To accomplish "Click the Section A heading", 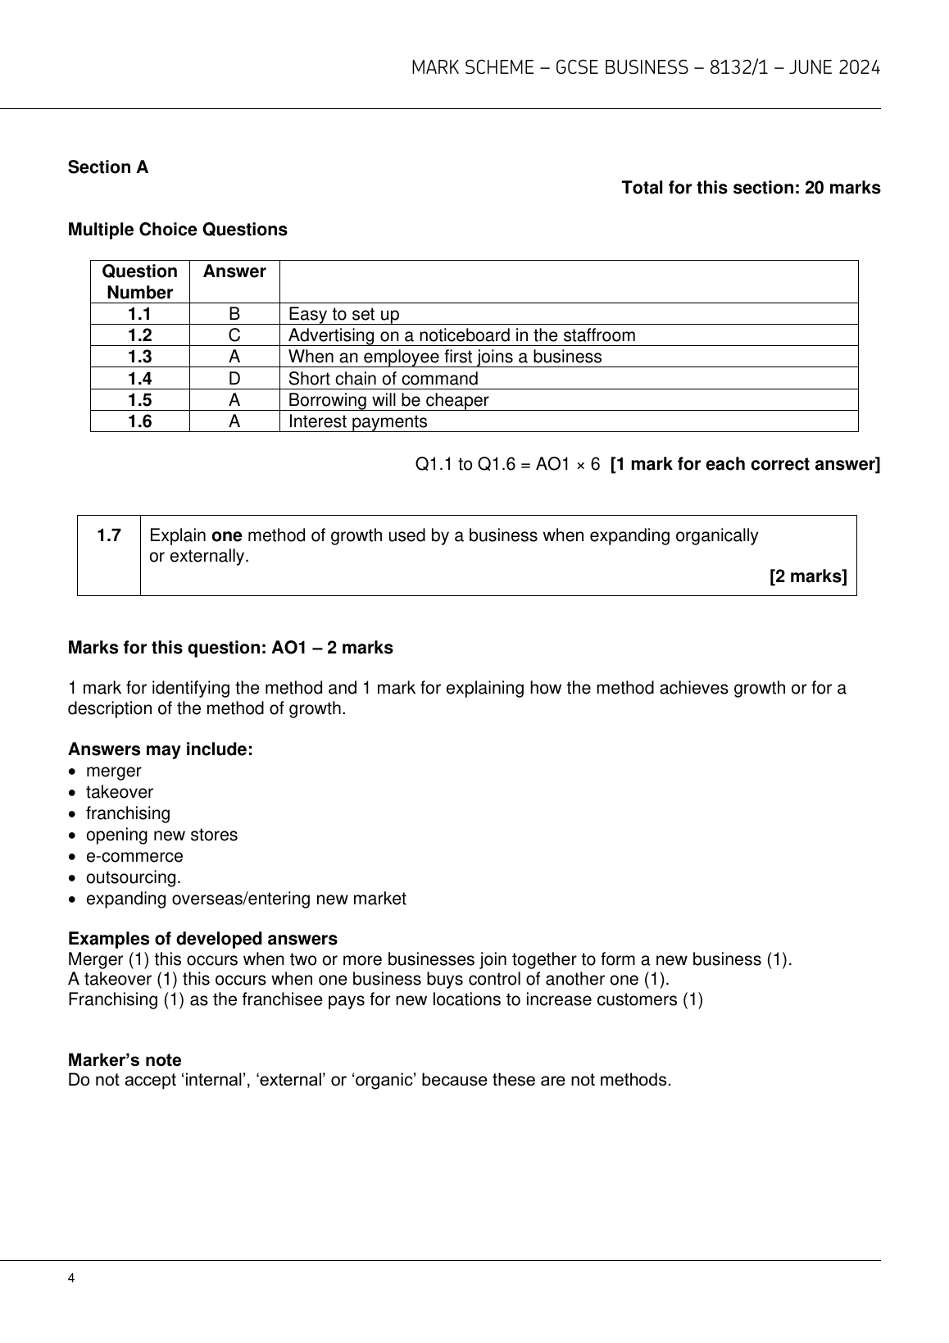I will [108, 167].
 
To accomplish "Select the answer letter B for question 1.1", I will [234, 314].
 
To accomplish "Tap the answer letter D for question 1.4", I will [234, 379].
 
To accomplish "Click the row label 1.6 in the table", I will [140, 421].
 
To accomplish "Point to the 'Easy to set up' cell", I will [344, 314].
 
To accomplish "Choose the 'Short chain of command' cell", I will [383, 379].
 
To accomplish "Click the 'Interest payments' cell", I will [357, 421].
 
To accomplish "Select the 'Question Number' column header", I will [140, 282].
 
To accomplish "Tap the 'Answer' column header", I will [234, 271].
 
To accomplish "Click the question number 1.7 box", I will [109, 536].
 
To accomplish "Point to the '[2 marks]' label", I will [808, 576].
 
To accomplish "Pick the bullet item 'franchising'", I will [128, 813].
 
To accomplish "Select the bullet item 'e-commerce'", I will [134, 856].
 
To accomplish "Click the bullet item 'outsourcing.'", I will [134, 877].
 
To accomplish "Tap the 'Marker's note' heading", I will [125, 1060].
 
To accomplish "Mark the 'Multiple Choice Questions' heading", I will [178, 230].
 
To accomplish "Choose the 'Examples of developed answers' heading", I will [202, 939].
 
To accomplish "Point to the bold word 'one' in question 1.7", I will [227, 536].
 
